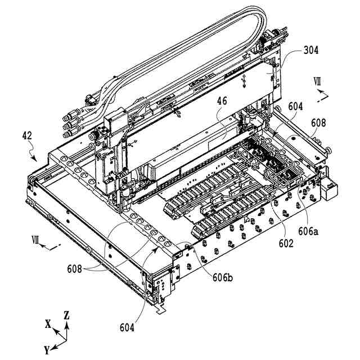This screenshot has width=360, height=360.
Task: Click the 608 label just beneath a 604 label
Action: click(318, 122)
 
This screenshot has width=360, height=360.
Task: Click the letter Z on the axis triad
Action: click(66, 315)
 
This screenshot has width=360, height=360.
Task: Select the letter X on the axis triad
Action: click(48, 323)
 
